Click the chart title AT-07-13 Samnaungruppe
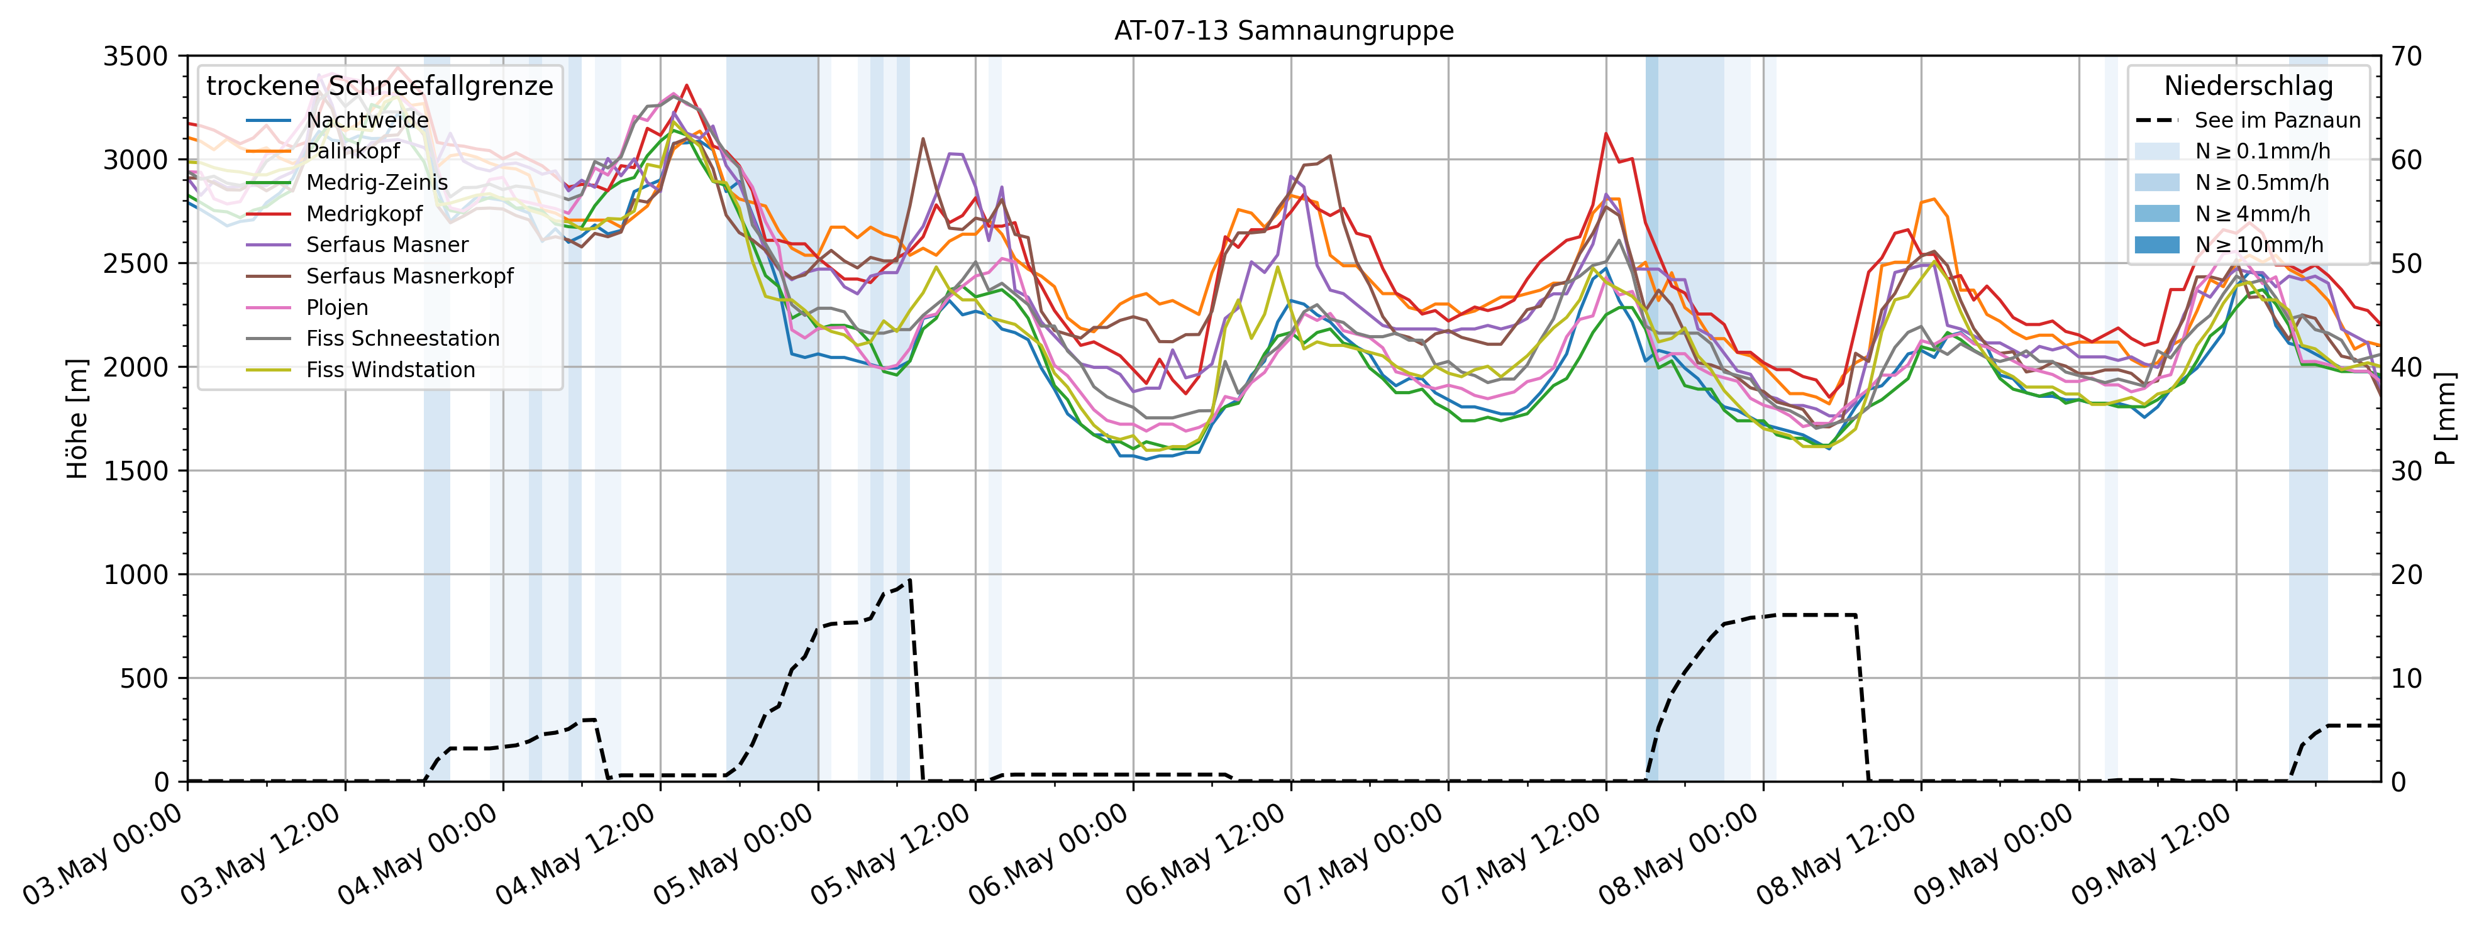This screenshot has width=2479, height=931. tap(1284, 31)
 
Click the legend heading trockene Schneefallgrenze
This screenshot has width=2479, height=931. tap(379, 85)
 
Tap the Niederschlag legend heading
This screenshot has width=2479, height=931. tap(2248, 85)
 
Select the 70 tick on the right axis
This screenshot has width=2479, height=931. tap(2406, 56)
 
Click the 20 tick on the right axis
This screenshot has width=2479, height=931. tap(2406, 574)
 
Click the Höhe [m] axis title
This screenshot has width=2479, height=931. tap(77, 419)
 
